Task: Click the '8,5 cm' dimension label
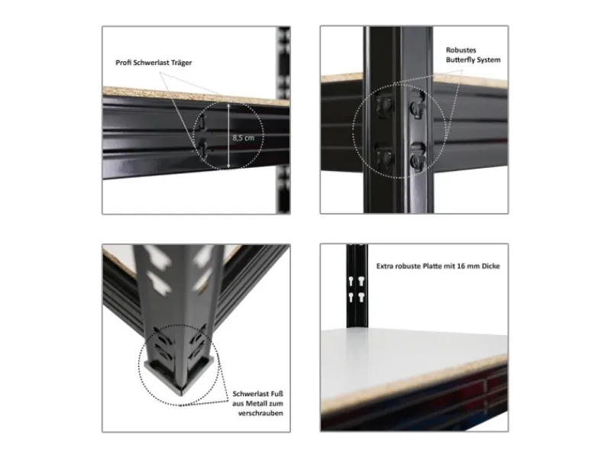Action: [243, 137]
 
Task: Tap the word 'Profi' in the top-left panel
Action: [123, 63]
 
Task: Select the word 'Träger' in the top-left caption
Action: [182, 63]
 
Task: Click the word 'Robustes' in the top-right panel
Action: [461, 50]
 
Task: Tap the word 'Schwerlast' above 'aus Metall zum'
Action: [248, 394]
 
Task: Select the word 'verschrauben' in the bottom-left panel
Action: [260, 413]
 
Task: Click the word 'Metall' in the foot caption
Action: [256, 404]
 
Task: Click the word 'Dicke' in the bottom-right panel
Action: [491, 266]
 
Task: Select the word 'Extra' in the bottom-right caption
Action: [384, 266]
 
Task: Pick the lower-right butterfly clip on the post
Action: [418, 157]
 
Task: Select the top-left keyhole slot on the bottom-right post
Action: [352, 281]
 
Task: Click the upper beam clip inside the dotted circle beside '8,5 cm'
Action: [201, 124]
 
